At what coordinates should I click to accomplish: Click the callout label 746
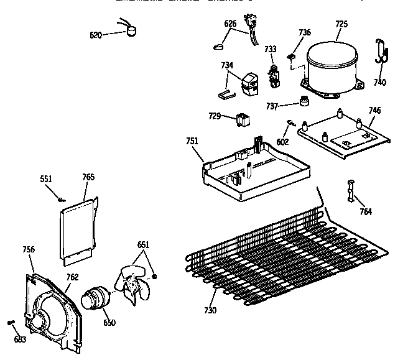coord(374,110)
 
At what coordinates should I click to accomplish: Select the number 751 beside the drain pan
coord(192,141)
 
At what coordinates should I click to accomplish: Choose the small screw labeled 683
coord(11,322)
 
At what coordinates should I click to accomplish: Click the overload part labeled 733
coord(272,74)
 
